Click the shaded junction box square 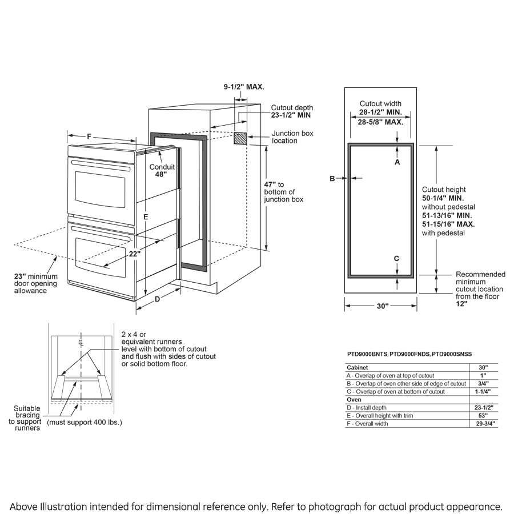240,139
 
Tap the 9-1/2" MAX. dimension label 243,87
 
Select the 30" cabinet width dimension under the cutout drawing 382,307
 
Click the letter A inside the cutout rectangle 397,162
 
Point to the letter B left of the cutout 332,179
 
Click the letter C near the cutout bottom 396,259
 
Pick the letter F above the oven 90,136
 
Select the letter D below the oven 157,298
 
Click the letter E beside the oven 146,217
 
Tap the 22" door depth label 134,254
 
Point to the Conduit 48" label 162,171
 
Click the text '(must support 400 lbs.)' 84,422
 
